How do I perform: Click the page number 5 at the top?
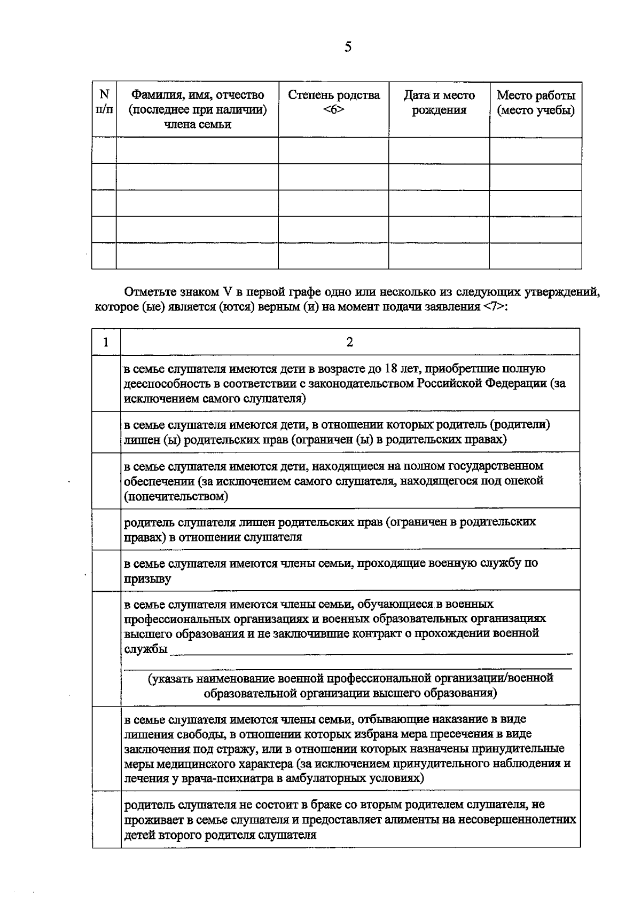pyautogui.click(x=348, y=47)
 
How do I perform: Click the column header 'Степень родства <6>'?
pyautogui.click(x=334, y=102)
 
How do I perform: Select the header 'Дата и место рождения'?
pyautogui.click(x=439, y=102)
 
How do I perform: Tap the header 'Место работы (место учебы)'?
pyautogui.click(x=535, y=102)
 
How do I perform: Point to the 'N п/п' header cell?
pyautogui.click(x=104, y=101)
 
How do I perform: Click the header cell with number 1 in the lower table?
pyautogui.click(x=106, y=342)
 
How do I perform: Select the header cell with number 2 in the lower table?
pyautogui.click(x=350, y=342)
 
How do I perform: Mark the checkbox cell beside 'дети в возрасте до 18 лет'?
pyautogui.click(x=106, y=383)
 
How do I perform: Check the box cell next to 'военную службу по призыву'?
pyautogui.click(x=106, y=570)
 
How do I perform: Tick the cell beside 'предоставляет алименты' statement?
pyautogui.click(x=106, y=819)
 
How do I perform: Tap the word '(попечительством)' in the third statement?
pyautogui.click(x=176, y=497)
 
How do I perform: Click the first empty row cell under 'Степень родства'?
pyautogui.click(x=333, y=150)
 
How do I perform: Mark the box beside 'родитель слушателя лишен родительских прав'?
pyautogui.click(x=106, y=529)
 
